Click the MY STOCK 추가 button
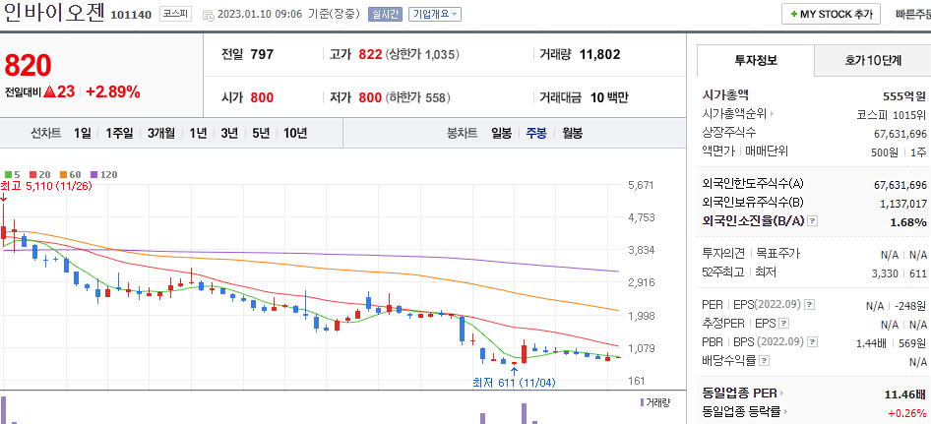pos(831,15)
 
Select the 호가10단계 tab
pos(872,60)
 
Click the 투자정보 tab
pos(756,60)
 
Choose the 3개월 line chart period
pos(161,133)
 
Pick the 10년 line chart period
pos(295,133)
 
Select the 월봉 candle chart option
pos(572,133)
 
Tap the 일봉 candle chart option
pos(501,133)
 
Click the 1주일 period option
pos(119,133)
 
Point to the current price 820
pos(28,65)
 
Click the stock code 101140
pos(131,15)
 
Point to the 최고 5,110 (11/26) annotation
pos(46,186)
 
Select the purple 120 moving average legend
pos(104,174)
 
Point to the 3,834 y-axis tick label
pos(641,250)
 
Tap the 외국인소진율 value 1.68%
pos(907,222)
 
